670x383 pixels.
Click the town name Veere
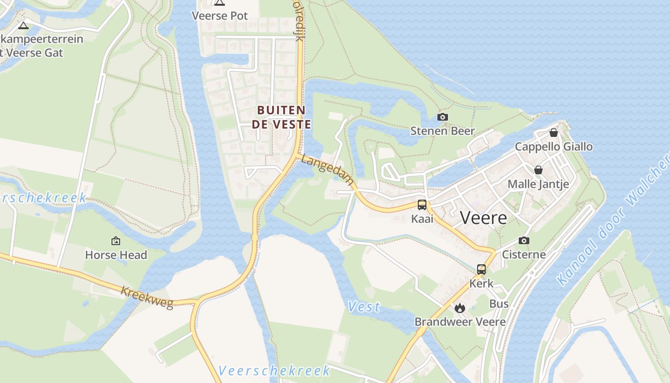(x=483, y=218)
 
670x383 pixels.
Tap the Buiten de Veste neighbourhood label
(x=281, y=117)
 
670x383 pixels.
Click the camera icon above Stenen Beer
(x=443, y=117)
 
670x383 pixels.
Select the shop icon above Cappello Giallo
(x=554, y=133)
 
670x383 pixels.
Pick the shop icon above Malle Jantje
(x=538, y=170)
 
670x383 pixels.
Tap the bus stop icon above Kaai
(x=422, y=205)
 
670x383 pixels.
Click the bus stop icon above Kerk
(x=481, y=270)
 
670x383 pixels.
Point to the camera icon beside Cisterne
(x=524, y=241)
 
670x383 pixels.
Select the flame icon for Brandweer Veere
(x=460, y=308)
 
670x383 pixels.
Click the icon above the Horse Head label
(x=116, y=241)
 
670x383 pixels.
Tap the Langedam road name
(x=328, y=169)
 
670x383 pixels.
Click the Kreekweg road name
(x=147, y=297)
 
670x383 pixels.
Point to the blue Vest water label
(x=364, y=307)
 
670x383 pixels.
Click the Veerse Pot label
(x=220, y=16)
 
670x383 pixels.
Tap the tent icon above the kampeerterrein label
(x=23, y=25)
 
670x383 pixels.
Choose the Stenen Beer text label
(x=443, y=131)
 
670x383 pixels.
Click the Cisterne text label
(x=524, y=254)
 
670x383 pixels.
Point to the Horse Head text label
(x=116, y=255)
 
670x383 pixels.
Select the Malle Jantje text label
(x=538, y=184)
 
